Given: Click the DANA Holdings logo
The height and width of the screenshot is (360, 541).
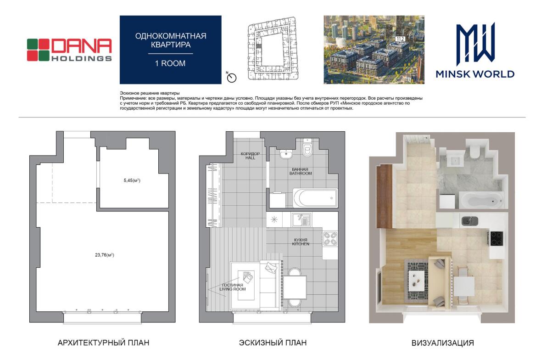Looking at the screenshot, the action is [69, 50].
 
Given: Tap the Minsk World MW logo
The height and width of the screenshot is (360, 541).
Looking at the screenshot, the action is [475, 51].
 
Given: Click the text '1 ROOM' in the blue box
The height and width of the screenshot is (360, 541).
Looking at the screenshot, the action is [170, 63].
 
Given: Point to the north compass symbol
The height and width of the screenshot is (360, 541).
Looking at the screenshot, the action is [231, 77].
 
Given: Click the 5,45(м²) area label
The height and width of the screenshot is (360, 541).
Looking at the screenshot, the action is [132, 180].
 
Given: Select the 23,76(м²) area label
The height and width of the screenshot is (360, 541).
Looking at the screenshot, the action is [105, 255].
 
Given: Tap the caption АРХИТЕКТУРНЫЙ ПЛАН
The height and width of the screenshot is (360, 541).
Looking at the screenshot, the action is [104, 343].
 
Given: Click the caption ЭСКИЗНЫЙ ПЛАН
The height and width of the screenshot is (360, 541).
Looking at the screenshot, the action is [273, 343].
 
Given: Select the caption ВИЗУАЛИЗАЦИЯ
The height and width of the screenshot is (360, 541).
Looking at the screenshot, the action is [443, 343].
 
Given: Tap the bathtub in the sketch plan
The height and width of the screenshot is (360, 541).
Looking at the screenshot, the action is [315, 198].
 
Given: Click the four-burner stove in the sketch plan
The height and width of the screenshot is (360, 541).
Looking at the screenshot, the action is [330, 239].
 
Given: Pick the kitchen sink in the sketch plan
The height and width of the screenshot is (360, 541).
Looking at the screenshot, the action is [301, 219].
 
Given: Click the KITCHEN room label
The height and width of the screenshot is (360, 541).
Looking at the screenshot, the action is [301, 244].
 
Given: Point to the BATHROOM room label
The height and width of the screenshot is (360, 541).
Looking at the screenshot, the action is [301, 174].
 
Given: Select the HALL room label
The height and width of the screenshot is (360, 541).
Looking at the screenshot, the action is [250, 158].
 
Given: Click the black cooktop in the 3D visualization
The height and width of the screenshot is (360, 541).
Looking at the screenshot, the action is [497, 238].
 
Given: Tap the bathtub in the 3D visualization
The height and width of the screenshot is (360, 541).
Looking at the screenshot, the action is [482, 201].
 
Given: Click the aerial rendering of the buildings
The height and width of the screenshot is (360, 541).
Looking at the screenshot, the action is [374, 49].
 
